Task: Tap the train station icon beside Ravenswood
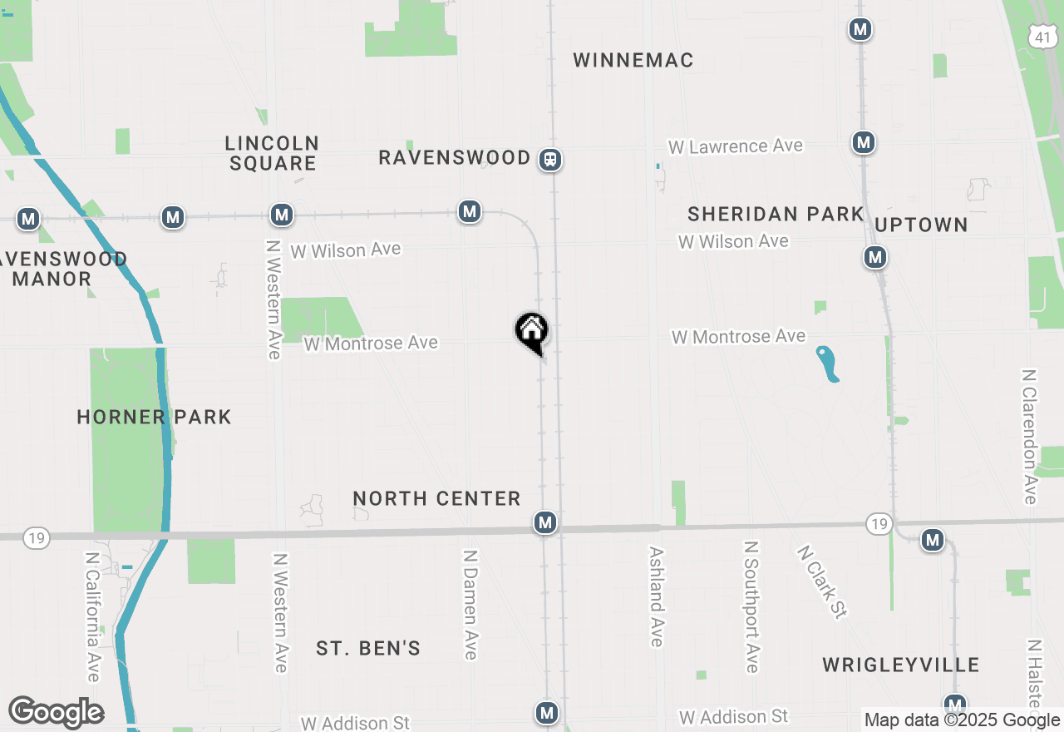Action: click(549, 159)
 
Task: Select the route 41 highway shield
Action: click(1042, 36)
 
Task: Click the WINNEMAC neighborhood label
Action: click(633, 60)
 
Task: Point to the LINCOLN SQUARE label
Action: click(273, 153)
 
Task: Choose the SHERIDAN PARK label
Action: click(776, 215)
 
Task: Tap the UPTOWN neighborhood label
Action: click(921, 225)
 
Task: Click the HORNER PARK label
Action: click(154, 417)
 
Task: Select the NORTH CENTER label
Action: click(436, 498)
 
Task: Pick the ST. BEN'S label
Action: click(368, 648)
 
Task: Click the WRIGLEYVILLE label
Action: click(901, 665)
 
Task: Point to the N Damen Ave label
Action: click(470, 604)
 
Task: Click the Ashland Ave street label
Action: click(657, 596)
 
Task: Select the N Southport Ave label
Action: click(751, 606)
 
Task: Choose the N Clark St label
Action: click(821, 581)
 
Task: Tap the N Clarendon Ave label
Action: click(1030, 436)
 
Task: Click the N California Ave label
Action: click(93, 616)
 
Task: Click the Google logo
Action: click(56, 712)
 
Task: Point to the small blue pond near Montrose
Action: click(828, 364)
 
